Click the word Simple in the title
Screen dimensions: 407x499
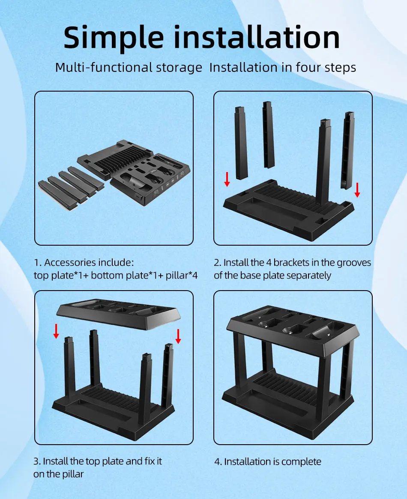coord(114,38)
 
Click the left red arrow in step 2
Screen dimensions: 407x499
coord(227,179)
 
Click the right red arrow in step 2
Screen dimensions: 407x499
coord(357,190)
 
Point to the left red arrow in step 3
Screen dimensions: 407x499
coord(56,331)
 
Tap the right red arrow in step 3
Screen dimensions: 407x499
coord(178,336)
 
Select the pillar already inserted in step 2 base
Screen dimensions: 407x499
coord(325,162)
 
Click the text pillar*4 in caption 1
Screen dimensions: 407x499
coord(182,275)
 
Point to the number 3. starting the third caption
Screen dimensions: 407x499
coord(37,461)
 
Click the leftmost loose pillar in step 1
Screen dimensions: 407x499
coord(57,195)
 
